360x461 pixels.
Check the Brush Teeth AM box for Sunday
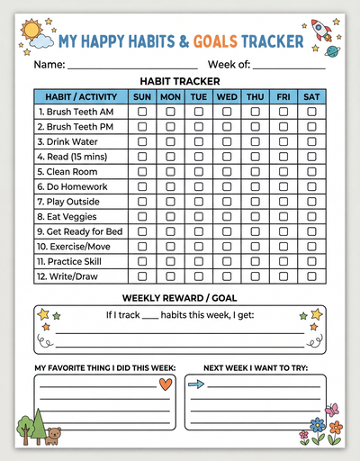[142, 112]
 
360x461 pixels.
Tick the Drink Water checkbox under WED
[227, 141]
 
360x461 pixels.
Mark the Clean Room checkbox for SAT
[311, 171]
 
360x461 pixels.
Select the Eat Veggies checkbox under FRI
[283, 216]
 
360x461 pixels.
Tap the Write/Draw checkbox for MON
[170, 276]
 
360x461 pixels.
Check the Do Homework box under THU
[256, 186]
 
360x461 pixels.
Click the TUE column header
[199, 96]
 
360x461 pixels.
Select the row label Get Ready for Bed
[79, 231]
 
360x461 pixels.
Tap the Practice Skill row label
[72, 261]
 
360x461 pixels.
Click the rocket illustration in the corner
[321, 31]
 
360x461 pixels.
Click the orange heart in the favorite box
[165, 384]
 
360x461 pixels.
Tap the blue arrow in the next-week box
[196, 384]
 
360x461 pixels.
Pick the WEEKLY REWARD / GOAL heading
[180, 297]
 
